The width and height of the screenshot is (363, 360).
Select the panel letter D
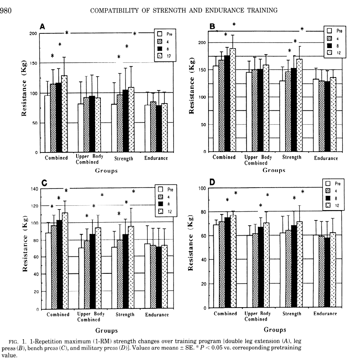[212, 182]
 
